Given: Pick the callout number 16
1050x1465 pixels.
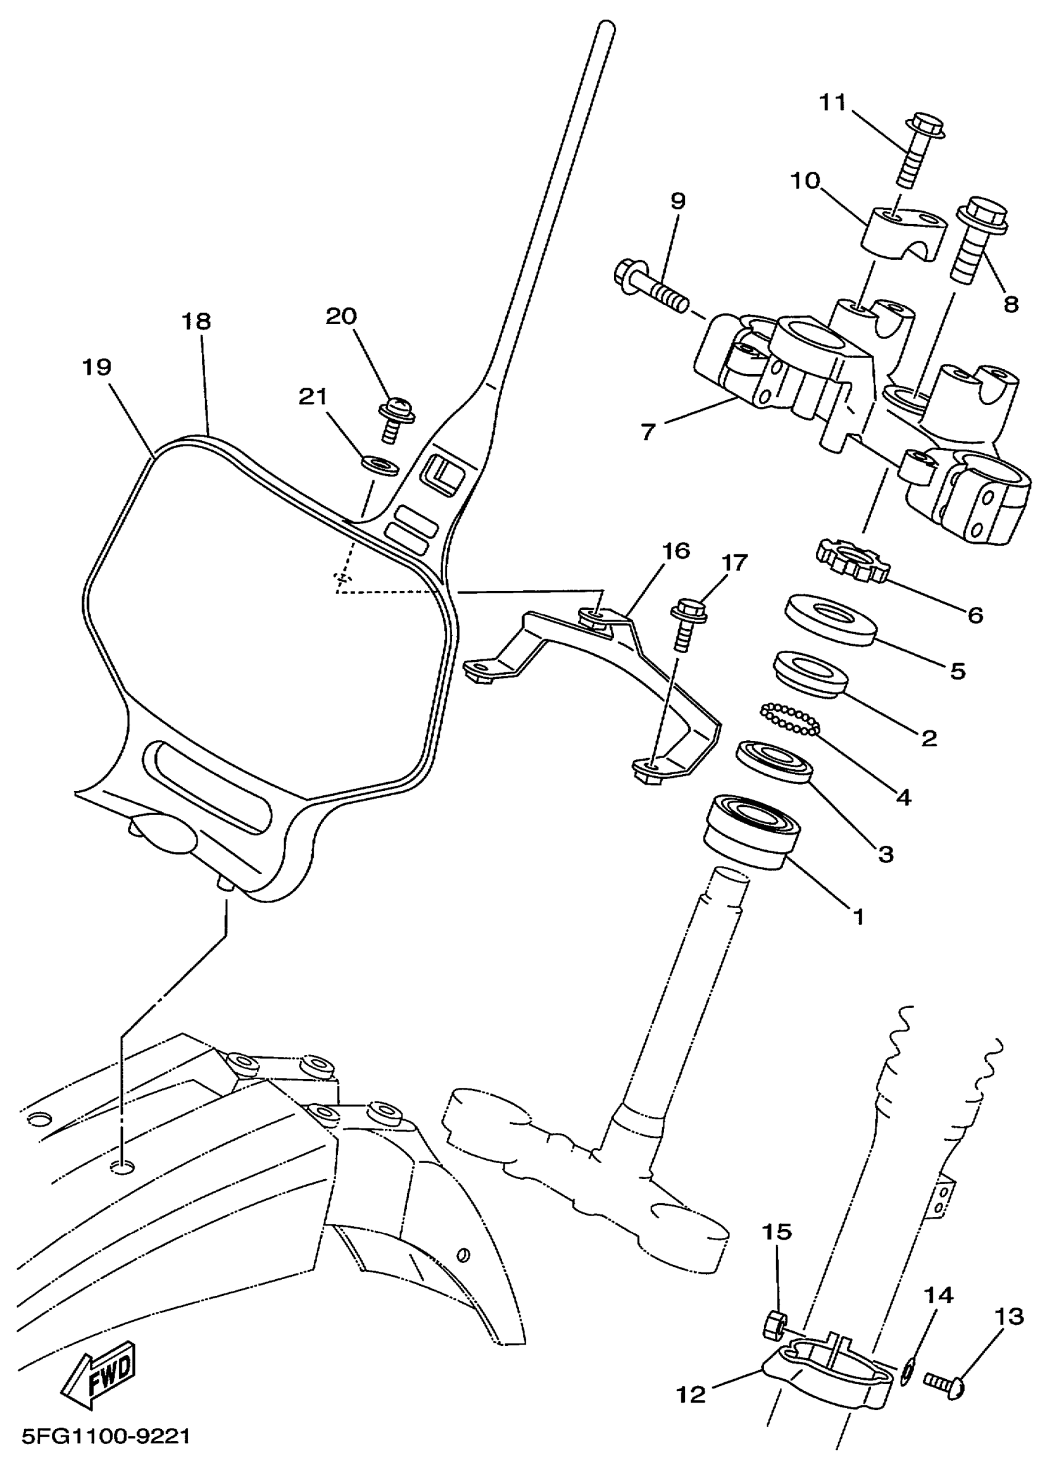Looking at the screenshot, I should point(675,551).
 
